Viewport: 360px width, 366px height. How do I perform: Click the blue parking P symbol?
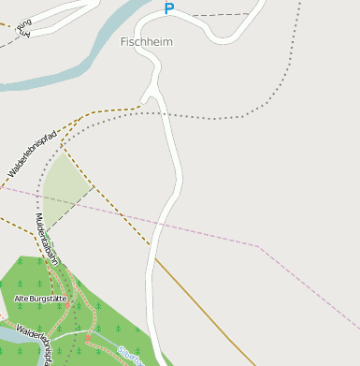[169, 9]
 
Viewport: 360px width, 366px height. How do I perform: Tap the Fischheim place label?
[147, 42]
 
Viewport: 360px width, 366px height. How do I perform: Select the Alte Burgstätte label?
[39, 299]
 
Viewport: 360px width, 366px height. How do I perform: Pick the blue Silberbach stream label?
[130, 356]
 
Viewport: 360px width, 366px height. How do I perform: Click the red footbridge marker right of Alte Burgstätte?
[67, 304]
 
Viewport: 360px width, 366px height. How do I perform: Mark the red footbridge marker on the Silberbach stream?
[90, 338]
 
